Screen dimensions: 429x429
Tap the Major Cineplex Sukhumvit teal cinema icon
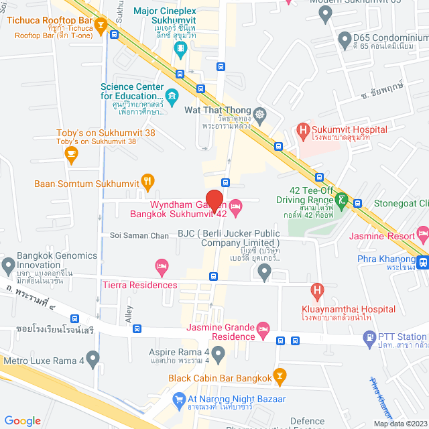tap(180, 49)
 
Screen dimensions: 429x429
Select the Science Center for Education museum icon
tap(172, 96)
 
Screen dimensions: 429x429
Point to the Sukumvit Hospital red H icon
tap(303, 130)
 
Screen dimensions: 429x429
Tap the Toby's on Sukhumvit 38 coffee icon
tap(72, 154)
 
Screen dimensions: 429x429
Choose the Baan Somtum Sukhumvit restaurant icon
tap(148, 182)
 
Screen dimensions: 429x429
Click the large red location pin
tap(214, 200)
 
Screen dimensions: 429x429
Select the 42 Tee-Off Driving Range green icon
tap(342, 199)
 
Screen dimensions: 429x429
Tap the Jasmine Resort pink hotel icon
tap(422, 234)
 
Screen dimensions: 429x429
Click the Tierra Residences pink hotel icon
tap(161, 268)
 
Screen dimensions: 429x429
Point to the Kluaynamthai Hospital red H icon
tap(317, 292)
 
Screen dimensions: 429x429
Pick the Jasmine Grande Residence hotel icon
tap(263, 328)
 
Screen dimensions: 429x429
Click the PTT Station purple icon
tap(369, 341)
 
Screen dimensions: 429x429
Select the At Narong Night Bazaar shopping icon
tap(179, 401)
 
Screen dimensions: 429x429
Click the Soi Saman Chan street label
tap(140, 235)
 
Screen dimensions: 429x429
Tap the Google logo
tap(23, 420)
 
